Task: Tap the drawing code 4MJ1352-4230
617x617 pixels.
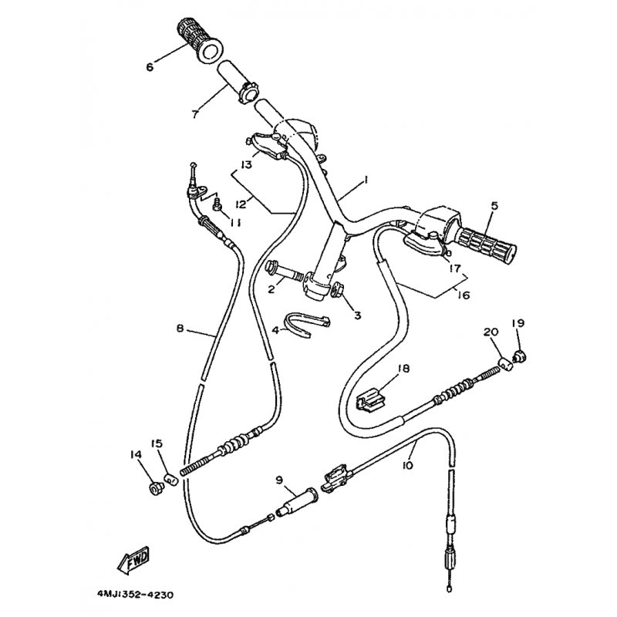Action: (135, 595)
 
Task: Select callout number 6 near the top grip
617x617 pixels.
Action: (150, 67)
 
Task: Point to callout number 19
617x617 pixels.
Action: (518, 323)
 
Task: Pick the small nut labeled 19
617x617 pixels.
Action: (519, 357)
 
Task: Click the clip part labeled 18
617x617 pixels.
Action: (370, 400)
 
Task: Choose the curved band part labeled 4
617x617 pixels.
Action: (307, 323)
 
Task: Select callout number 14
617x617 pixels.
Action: (136, 455)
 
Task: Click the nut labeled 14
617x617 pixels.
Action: (153, 489)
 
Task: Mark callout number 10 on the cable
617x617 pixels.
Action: (408, 465)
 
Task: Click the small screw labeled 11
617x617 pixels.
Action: (217, 205)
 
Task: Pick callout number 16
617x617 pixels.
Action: (464, 295)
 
